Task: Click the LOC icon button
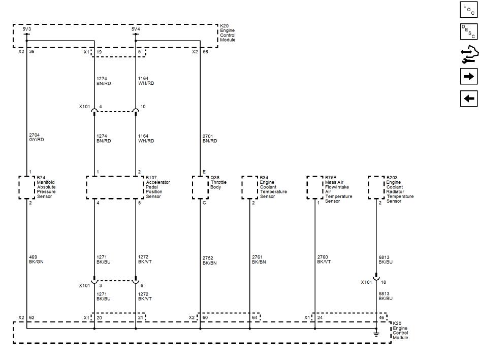coord(469,10)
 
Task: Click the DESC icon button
coord(469,31)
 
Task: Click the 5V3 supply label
coord(26,29)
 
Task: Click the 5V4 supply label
coord(136,29)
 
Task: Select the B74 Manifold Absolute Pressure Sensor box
coord(26,187)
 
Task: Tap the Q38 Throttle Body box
coord(200,187)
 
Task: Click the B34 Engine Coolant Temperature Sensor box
coord(250,187)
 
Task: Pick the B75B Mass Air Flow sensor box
coord(315,187)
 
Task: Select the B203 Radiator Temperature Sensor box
coord(376,187)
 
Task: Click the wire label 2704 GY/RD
coord(37,138)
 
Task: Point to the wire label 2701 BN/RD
coord(210,138)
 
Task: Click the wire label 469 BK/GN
coord(37,259)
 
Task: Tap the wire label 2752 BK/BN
coord(210,260)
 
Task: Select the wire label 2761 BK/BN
coord(259,260)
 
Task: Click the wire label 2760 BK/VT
coord(324,260)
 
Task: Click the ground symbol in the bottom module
coord(376,334)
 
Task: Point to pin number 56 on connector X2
coord(205,52)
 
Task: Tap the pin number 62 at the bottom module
coord(31,317)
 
